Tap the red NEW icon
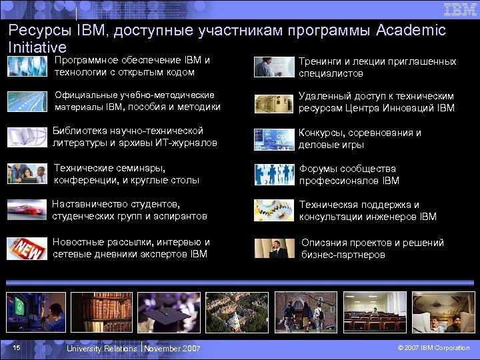point(27,249)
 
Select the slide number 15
point(17,347)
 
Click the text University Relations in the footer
point(101,348)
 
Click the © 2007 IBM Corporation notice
point(433,348)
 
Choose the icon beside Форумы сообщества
point(274,175)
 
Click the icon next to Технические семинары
point(27,173)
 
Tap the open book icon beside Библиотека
point(27,137)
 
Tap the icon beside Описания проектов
point(274,248)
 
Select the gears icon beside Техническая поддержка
point(274,210)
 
